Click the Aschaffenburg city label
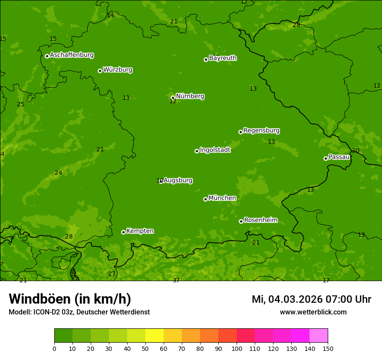point(72,55)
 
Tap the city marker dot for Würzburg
point(100,71)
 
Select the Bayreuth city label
point(223,58)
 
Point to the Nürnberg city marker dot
point(173,98)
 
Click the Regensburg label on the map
point(261,131)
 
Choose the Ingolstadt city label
point(215,150)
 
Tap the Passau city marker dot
point(326,158)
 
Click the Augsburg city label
point(178,180)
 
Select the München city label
point(222,198)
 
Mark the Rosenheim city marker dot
point(241,221)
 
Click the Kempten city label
point(140,231)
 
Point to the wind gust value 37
point(176,281)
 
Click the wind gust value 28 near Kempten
point(69,237)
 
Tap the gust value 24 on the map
point(59,173)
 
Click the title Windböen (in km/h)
point(70,299)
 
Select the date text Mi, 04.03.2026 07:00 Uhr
point(311,299)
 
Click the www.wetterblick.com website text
point(313,312)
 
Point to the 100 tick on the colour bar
point(237,348)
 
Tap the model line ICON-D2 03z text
point(79,312)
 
